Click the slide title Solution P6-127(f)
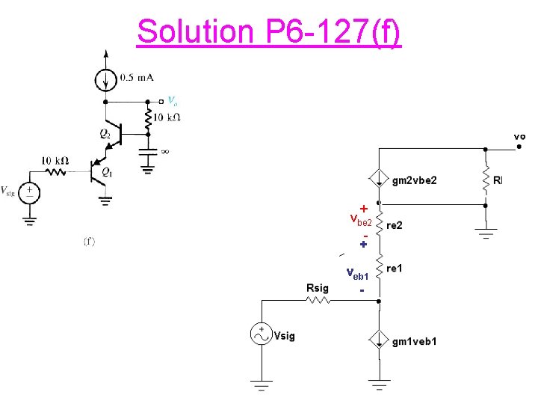point(269,31)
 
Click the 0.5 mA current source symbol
point(105,77)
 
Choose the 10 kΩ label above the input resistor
point(55,160)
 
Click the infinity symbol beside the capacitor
point(165,150)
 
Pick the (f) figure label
point(89,242)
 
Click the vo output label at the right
point(519,136)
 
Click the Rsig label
point(318,288)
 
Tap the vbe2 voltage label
point(360,221)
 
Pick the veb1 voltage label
point(357,275)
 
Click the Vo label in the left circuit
point(172,101)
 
